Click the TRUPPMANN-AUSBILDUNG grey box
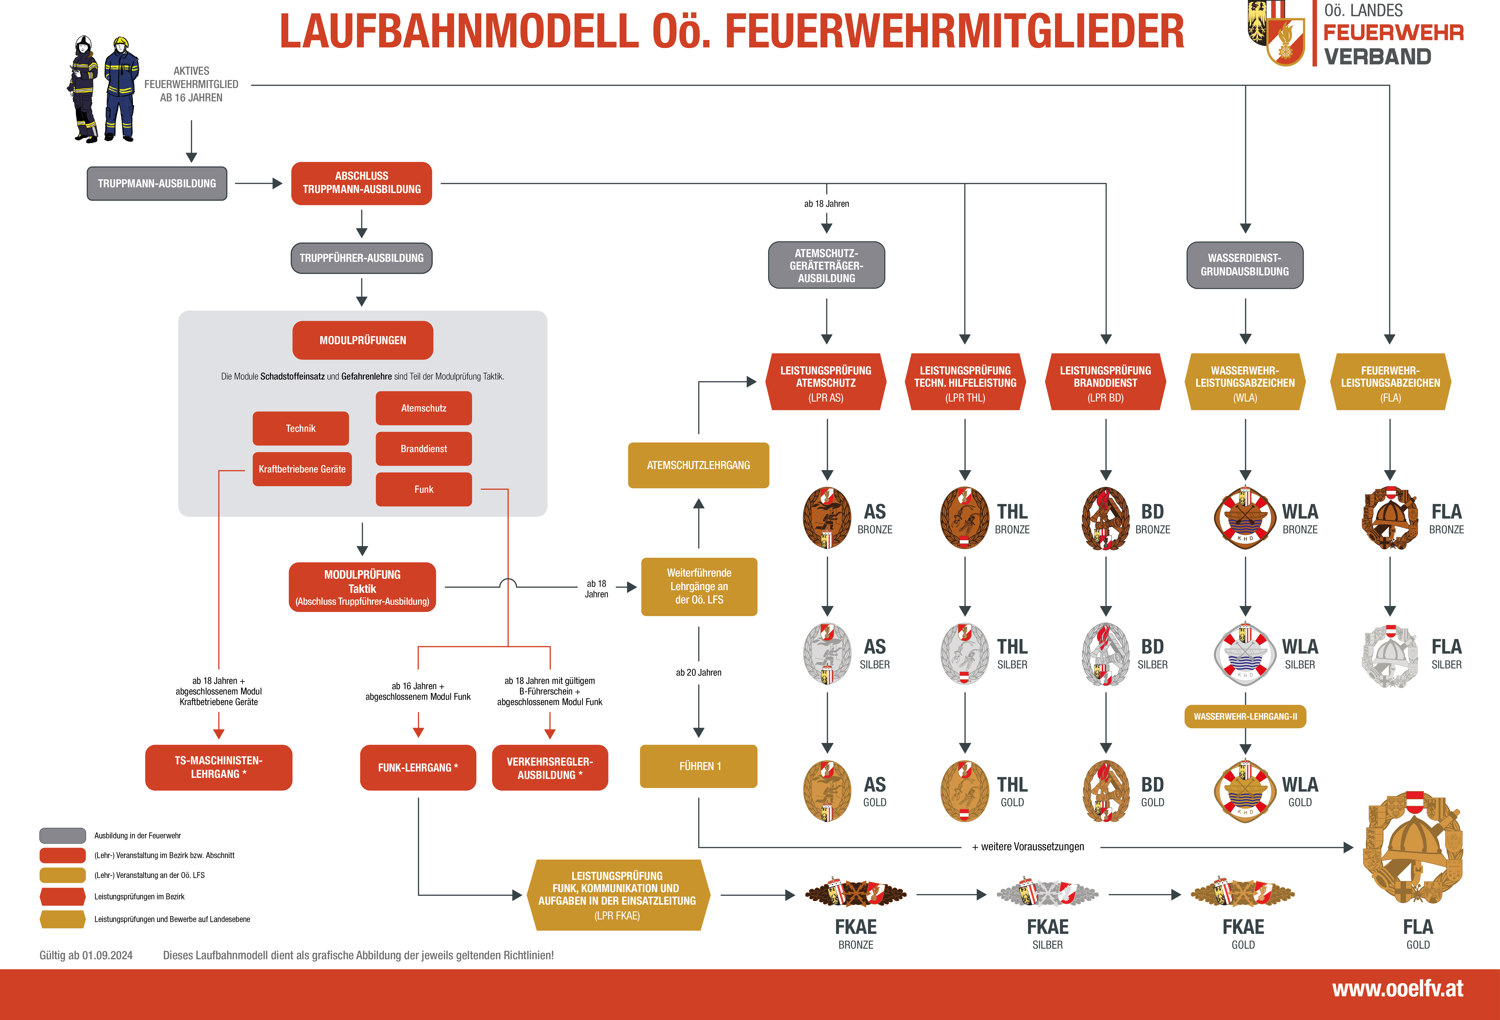(x=157, y=183)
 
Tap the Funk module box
(x=423, y=489)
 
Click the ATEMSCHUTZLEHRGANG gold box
(x=698, y=465)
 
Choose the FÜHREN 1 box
(x=698, y=766)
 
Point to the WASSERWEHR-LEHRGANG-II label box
(x=1245, y=717)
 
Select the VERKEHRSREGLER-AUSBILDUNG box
(x=550, y=767)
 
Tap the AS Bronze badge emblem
(x=827, y=518)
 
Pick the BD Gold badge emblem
(x=1106, y=791)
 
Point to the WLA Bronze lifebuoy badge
(x=1245, y=518)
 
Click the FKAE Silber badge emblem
(x=1047, y=894)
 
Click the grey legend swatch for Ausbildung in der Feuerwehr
(x=63, y=835)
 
